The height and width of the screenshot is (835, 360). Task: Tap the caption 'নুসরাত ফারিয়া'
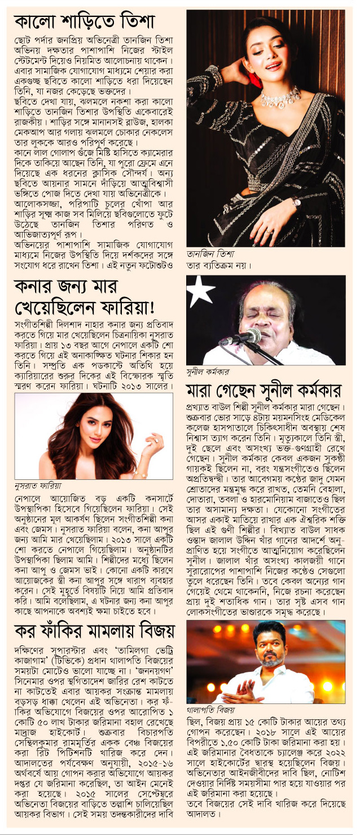click(38, 485)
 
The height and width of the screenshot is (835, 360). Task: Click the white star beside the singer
click(202, 291)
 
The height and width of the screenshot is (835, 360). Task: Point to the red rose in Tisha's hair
click(255, 79)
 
